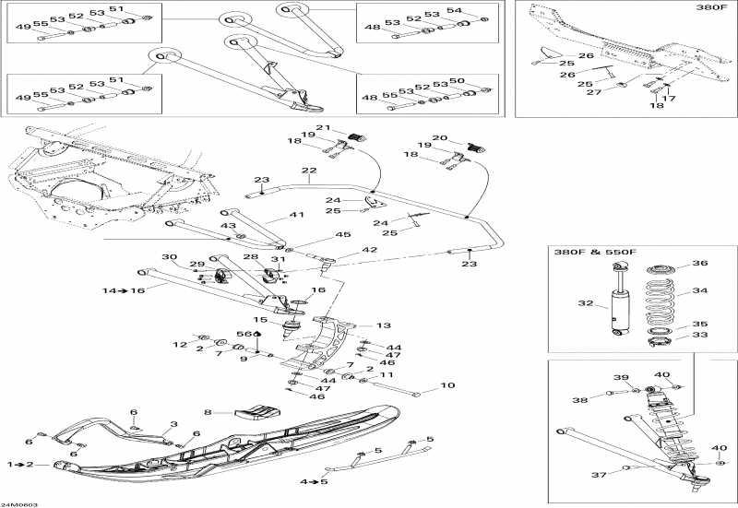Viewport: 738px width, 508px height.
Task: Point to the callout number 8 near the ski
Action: pos(208,412)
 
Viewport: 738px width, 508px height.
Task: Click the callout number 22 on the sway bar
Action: pos(308,171)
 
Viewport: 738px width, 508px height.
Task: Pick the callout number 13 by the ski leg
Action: pos(383,325)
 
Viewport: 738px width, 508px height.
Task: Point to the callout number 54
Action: pos(478,9)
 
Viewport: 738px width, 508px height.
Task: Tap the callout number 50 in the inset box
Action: pos(481,81)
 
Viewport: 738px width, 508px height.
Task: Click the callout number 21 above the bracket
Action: pos(323,127)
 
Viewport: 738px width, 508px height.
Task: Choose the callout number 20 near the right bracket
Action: pos(440,138)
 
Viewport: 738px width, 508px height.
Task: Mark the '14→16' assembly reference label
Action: pos(124,289)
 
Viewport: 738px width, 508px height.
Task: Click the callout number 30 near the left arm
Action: pos(169,256)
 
